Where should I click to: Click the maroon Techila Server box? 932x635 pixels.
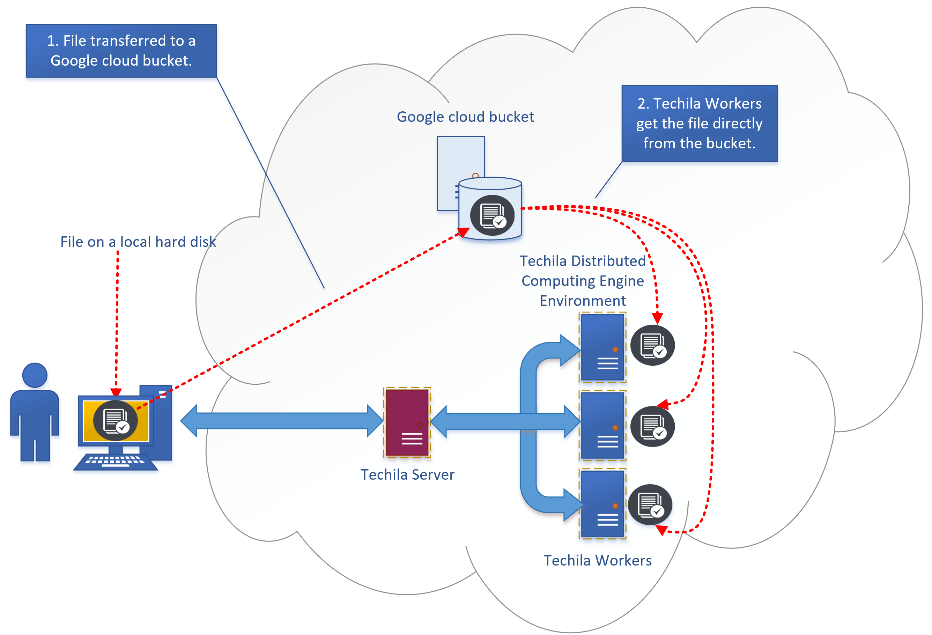tap(407, 422)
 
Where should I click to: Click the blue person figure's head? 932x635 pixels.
tap(35, 375)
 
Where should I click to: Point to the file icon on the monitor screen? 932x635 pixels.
tap(116, 420)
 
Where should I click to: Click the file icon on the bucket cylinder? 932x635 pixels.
tap(492, 215)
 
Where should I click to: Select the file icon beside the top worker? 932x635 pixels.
tap(652, 345)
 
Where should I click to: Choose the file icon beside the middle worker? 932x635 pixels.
tap(652, 426)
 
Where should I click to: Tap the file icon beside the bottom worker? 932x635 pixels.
tap(650, 505)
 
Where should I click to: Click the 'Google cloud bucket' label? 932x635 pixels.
tap(465, 117)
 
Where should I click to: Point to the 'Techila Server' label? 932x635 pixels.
tap(407, 474)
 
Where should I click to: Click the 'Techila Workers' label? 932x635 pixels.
tap(597, 560)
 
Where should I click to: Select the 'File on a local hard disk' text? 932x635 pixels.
tap(138, 242)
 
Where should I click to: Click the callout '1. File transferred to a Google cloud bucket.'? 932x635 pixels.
tap(121, 51)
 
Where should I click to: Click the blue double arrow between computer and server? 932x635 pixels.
tap(282, 421)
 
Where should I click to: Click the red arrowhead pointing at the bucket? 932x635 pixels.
tap(464, 232)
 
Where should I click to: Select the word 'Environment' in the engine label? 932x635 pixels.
tap(582, 301)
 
